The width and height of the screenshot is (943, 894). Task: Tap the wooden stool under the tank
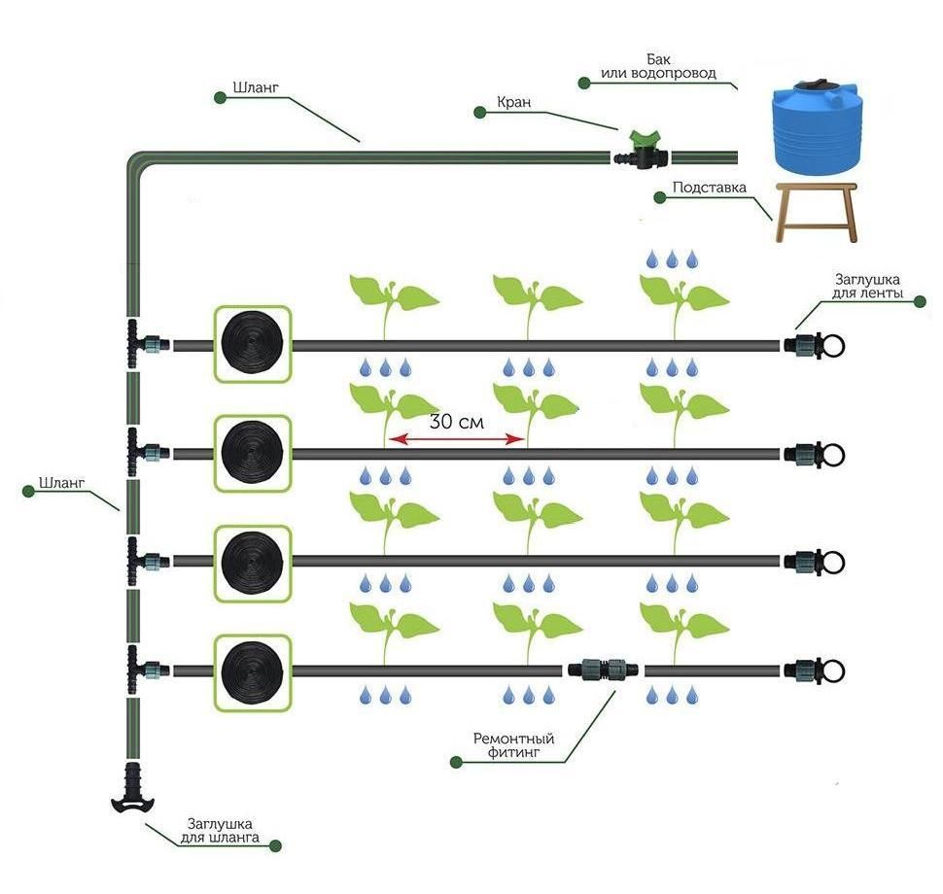[x=816, y=210]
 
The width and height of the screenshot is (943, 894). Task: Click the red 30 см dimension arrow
[x=456, y=440]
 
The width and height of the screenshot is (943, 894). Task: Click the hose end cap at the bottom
[x=133, y=788]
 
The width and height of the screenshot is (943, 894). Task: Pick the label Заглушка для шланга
[x=223, y=831]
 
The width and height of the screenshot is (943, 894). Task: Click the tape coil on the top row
[x=252, y=344]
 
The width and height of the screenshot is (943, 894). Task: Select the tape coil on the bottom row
[x=252, y=670]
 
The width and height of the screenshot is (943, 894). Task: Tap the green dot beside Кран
[x=479, y=113]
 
